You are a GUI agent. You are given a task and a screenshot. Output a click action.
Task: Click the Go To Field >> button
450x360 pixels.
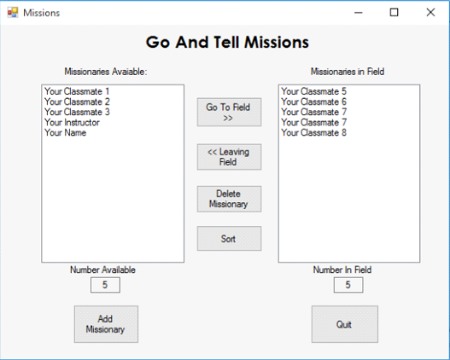[229, 112]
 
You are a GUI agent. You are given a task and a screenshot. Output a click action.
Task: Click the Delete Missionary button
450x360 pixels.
[229, 199]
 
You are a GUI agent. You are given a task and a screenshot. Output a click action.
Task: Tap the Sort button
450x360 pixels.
[229, 239]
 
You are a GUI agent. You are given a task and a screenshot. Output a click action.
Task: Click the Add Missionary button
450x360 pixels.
[106, 324]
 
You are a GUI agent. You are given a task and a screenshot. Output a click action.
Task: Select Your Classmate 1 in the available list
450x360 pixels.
[77, 91]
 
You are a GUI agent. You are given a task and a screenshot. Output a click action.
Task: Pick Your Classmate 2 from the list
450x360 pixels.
[77, 102]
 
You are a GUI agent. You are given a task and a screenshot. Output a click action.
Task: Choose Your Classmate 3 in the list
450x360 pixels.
[77, 112]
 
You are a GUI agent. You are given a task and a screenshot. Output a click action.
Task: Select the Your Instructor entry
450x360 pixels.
[72, 122]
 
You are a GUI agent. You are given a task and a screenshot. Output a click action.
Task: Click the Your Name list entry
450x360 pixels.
[66, 133]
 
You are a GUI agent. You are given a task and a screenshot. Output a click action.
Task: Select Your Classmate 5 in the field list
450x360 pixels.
[313, 91]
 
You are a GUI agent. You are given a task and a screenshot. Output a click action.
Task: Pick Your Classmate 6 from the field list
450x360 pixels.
[313, 102]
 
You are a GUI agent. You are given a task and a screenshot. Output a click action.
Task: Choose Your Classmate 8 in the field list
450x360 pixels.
[313, 133]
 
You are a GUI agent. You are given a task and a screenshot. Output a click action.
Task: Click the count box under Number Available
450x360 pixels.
[105, 285]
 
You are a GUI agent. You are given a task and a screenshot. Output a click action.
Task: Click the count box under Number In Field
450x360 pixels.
[348, 285]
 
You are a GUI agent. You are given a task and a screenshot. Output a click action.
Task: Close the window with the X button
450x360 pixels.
[430, 12]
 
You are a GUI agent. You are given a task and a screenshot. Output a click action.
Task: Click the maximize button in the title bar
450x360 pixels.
[394, 12]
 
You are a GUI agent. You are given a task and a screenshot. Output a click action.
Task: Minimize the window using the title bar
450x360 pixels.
[359, 12]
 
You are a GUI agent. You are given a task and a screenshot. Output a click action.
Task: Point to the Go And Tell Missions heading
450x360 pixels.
[227, 43]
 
